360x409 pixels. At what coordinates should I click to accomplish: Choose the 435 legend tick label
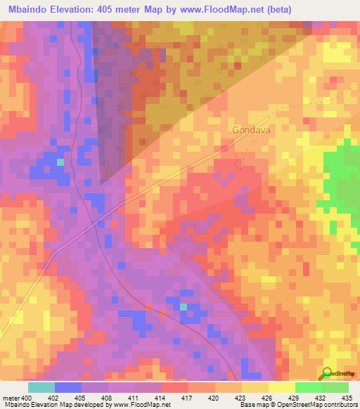(347, 398)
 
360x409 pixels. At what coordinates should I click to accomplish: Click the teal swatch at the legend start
(41, 387)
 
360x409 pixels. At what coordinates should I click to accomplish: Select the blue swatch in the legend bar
(68, 387)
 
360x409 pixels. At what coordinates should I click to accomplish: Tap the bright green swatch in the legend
(308, 387)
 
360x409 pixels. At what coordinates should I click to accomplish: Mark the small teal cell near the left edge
(60, 162)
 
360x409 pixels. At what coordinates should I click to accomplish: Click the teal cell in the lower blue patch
(184, 306)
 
